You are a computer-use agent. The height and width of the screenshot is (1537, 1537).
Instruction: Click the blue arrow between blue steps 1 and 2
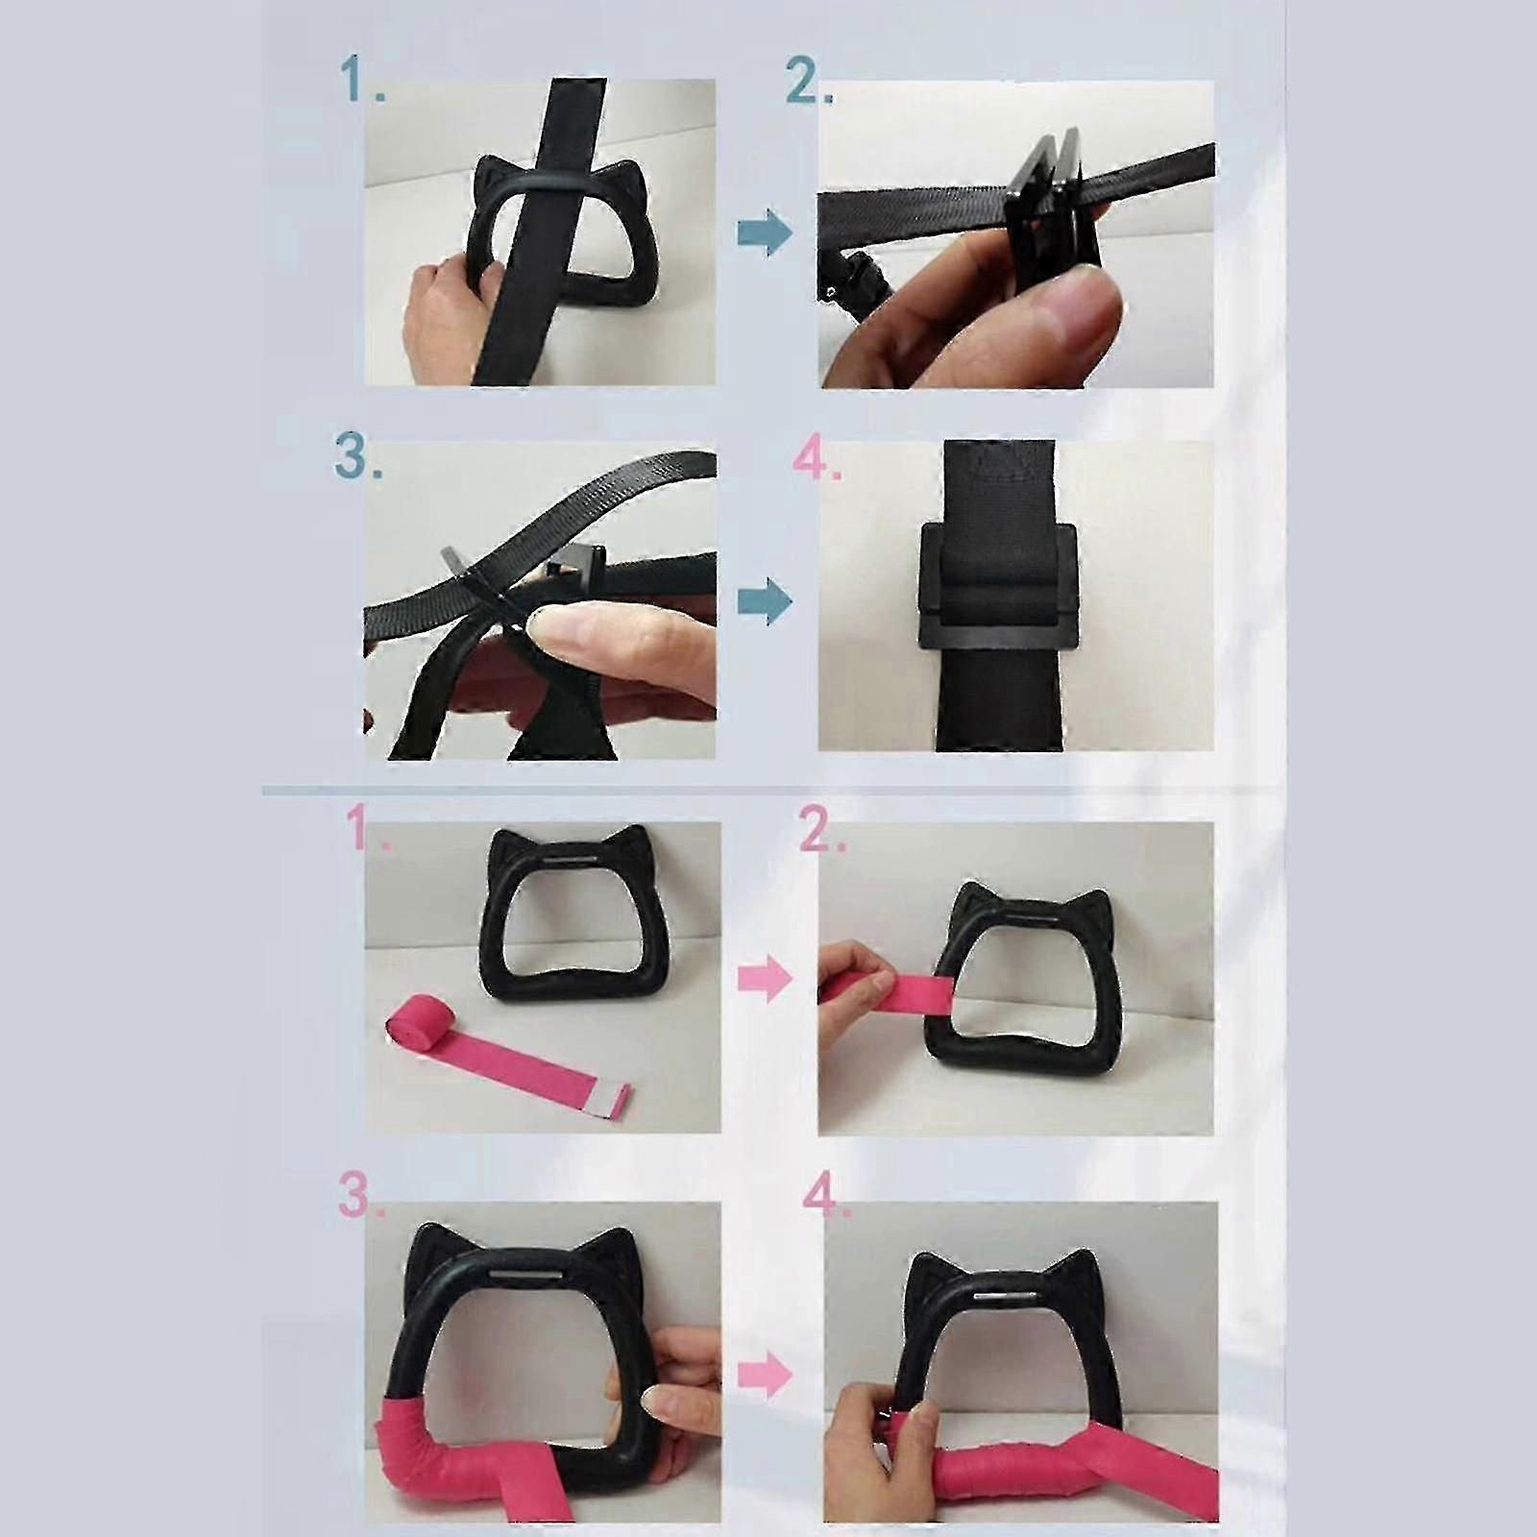tap(765, 232)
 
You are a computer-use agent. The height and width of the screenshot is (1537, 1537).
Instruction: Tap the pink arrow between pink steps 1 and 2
tap(766, 979)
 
